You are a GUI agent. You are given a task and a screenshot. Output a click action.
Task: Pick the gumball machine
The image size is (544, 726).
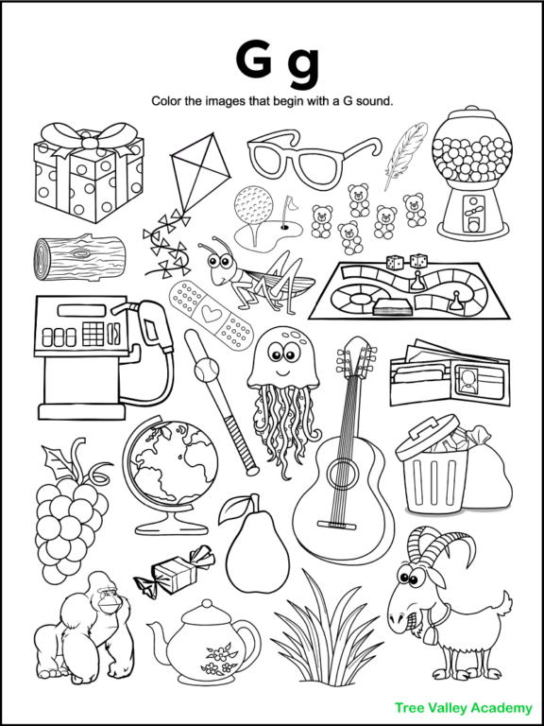[x=469, y=181]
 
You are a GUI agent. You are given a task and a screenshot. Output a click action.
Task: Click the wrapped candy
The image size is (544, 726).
[x=174, y=571]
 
